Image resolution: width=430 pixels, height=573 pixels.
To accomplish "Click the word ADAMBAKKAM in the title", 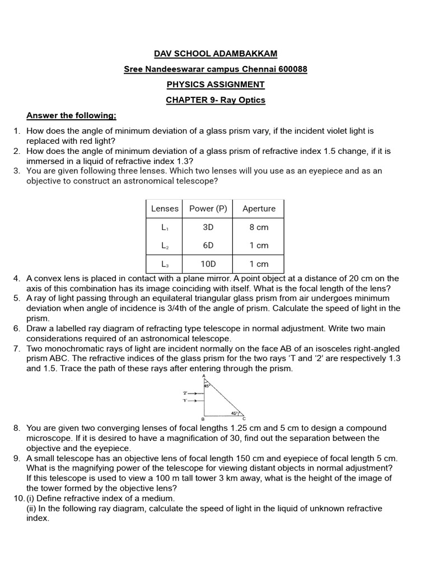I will (x=247, y=54).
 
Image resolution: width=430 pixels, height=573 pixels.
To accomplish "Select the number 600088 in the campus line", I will (x=290, y=69).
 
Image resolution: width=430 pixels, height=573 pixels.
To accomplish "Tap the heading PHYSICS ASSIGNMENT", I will (x=216, y=84).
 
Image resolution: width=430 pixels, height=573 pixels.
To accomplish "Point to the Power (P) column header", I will (x=208, y=209).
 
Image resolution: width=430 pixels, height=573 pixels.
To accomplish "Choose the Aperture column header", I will (x=259, y=209).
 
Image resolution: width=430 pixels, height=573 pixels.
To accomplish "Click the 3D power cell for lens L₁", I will (x=208, y=227).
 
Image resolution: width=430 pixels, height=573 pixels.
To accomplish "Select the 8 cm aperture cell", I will (x=259, y=227).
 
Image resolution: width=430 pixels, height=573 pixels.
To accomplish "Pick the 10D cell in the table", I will (x=208, y=264).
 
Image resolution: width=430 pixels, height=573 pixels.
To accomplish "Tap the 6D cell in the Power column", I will (x=208, y=246).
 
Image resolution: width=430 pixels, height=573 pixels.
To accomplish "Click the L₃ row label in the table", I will (x=165, y=264).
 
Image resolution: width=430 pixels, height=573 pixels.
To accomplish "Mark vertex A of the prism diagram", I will (x=204, y=377).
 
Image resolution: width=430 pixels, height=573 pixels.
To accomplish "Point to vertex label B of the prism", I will (x=202, y=419).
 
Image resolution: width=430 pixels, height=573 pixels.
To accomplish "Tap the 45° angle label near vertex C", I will (x=235, y=414).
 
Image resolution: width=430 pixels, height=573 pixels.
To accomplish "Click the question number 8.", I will (x=17, y=429).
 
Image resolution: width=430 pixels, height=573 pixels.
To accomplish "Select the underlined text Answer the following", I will (x=71, y=116).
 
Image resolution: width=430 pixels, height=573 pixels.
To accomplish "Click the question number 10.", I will (x=18, y=499).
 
